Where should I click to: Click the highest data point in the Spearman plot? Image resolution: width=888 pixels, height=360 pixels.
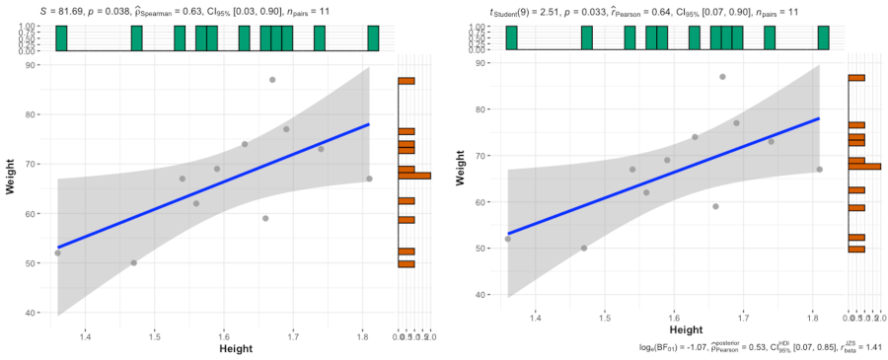(272, 80)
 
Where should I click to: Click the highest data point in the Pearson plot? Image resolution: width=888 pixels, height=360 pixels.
(722, 76)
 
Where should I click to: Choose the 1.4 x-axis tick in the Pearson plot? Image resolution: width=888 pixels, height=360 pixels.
(535, 318)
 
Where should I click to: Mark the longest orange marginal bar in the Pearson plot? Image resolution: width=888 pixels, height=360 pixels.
(864, 167)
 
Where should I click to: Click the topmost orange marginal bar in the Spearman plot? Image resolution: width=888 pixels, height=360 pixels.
(407, 81)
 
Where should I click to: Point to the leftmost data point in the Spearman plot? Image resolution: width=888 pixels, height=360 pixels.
(57, 252)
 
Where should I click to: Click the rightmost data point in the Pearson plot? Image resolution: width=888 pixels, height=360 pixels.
(819, 170)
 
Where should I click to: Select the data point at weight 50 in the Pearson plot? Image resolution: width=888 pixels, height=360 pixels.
(583, 248)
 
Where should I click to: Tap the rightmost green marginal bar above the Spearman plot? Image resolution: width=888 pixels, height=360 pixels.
(373, 37)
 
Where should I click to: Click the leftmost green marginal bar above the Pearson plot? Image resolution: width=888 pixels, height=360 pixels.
(511, 37)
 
